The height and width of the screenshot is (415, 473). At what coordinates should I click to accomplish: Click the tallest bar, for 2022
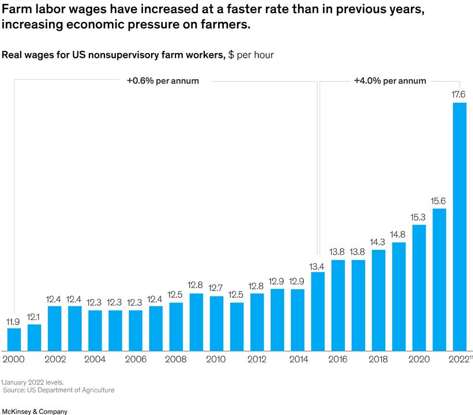pos(459,227)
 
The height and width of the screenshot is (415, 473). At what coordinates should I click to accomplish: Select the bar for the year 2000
pos(14,339)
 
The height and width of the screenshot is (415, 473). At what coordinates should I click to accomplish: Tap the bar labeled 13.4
pos(318,311)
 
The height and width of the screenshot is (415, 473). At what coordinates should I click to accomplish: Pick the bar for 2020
pos(419,287)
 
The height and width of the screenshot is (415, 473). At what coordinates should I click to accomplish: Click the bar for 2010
pos(216,323)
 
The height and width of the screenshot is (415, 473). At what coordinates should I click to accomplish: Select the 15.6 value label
pos(439,201)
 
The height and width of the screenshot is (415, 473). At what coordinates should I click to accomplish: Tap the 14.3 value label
pos(378,242)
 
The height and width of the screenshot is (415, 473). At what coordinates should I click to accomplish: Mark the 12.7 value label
pos(216,288)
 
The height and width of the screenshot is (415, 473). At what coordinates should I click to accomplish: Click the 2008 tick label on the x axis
pos(176,359)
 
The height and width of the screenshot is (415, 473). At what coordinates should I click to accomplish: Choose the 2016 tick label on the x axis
pos(338,359)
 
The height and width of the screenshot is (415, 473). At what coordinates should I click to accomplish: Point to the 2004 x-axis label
pos(95,359)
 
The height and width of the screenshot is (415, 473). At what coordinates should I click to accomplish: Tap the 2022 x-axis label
pos(458,359)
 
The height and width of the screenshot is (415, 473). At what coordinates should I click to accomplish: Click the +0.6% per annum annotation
pos(163,81)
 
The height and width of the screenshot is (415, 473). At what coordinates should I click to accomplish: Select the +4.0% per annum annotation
pos(390,81)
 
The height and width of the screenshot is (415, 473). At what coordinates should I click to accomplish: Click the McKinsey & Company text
pos(35,412)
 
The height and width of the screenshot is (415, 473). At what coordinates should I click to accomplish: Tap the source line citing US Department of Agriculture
pos(59,390)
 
